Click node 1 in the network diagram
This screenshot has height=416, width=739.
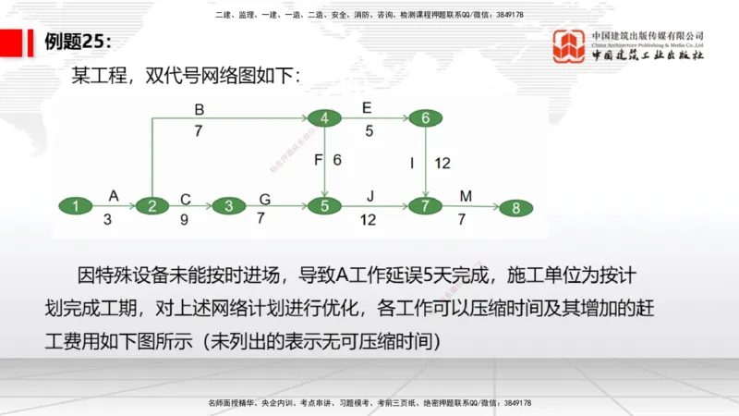[76, 206]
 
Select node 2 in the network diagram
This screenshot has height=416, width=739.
[151, 206]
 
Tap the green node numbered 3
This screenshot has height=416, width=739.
[228, 206]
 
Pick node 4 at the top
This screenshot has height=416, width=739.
[324, 118]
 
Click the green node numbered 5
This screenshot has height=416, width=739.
[324, 206]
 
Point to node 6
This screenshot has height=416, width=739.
[425, 118]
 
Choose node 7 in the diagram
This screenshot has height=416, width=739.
[425, 206]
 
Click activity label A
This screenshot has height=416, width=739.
[114, 195]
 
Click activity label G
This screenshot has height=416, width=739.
[265, 197]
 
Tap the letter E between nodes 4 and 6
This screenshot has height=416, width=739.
[368, 107]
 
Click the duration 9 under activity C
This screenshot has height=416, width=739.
[186, 220]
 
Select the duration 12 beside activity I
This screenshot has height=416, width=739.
[442, 164]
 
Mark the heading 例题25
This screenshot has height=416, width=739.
[79, 42]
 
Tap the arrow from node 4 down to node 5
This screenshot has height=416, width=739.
[324, 162]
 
